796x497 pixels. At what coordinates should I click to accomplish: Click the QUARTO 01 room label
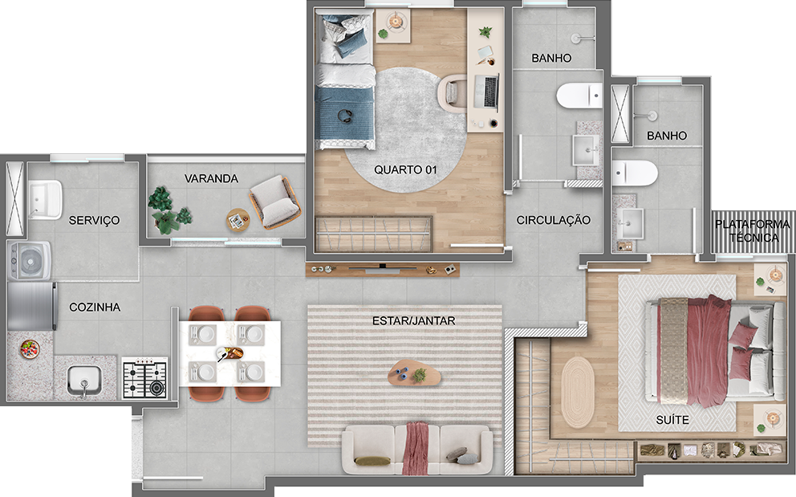click(x=405, y=169)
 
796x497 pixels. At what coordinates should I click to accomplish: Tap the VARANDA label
click(x=211, y=178)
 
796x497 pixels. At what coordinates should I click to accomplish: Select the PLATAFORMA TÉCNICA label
click(x=753, y=230)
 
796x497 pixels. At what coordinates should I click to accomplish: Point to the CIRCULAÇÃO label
click(x=554, y=220)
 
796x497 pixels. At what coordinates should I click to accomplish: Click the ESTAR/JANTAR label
click(x=414, y=320)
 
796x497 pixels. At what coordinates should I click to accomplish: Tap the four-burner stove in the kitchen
click(x=144, y=379)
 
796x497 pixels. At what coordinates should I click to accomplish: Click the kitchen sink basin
click(x=84, y=381)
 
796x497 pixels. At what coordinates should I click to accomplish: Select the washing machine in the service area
click(x=30, y=261)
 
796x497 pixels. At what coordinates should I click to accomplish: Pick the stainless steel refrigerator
click(x=31, y=307)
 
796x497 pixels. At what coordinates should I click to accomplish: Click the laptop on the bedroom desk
click(x=487, y=92)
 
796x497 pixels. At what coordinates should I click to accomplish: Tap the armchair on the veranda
click(x=274, y=202)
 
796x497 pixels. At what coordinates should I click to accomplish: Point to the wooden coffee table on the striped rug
click(x=414, y=373)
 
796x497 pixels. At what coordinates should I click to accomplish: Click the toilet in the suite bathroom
click(x=634, y=173)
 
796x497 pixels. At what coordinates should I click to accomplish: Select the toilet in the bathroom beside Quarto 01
click(x=579, y=96)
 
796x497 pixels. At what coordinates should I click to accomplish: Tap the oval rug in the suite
click(x=577, y=392)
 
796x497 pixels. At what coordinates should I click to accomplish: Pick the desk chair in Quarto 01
click(x=452, y=93)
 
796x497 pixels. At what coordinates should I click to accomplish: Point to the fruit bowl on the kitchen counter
click(x=30, y=349)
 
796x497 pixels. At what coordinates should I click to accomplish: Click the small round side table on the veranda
click(x=238, y=220)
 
